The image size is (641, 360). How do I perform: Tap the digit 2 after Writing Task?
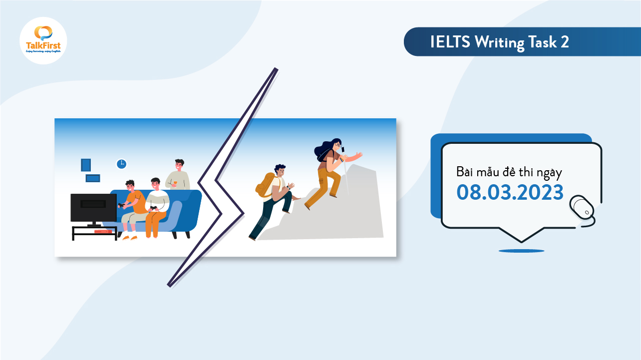(x=564, y=42)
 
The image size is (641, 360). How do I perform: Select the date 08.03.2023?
(x=510, y=192)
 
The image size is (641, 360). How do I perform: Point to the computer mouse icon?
(x=582, y=206)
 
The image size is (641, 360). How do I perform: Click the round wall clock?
(x=121, y=164)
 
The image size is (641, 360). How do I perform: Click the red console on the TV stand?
(x=103, y=231)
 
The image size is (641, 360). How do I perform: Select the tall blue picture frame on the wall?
(x=86, y=165)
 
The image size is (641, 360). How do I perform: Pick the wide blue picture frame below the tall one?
(x=93, y=178)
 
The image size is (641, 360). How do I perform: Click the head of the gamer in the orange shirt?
(x=130, y=186)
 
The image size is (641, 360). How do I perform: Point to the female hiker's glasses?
(x=338, y=146)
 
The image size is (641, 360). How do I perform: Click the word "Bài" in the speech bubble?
(x=464, y=173)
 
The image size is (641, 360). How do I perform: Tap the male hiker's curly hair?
(x=280, y=168)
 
